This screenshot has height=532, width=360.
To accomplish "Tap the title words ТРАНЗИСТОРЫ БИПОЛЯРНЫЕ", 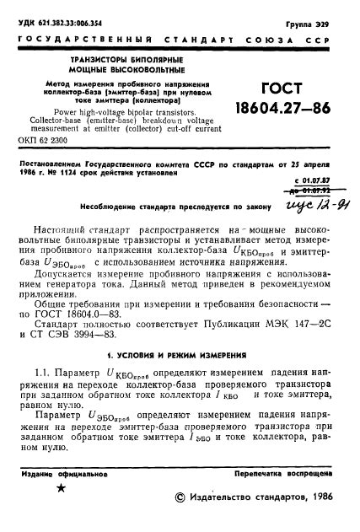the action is [x=115, y=62].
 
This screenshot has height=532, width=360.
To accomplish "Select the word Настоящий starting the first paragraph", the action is [x=62, y=255].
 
